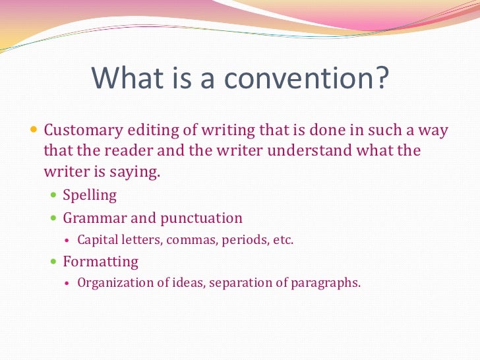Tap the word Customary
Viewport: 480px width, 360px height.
click(81, 130)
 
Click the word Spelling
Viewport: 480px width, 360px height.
click(90, 195)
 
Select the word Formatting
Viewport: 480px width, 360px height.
click(100, 262)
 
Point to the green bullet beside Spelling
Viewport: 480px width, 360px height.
click(54, 196)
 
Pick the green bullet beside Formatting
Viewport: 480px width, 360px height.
click(54, 262)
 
